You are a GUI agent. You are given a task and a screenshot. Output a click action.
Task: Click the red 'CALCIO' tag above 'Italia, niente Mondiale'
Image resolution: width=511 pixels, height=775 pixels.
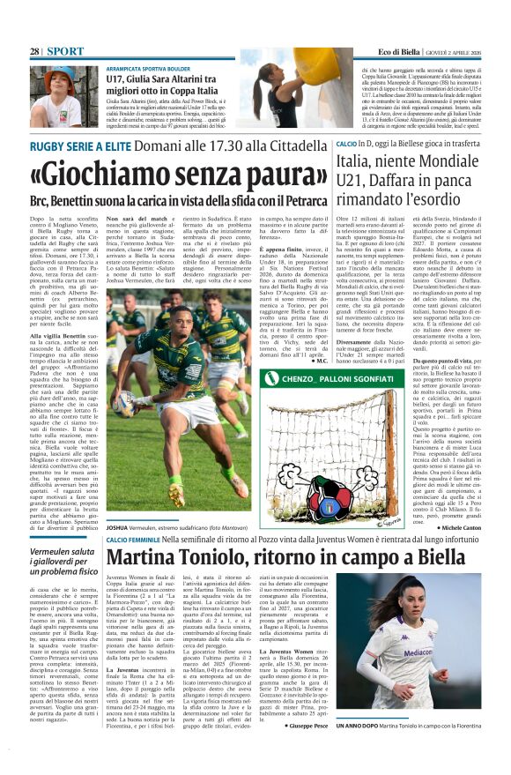point(370,143)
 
